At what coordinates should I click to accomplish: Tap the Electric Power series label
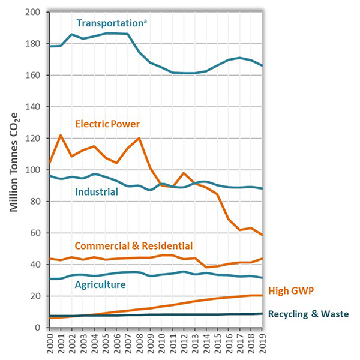[x=107, y=124]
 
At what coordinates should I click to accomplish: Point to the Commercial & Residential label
[x=134, y=245]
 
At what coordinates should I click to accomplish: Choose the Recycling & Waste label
[x=308, y=314]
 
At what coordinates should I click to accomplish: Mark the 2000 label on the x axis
[x=50, y=344]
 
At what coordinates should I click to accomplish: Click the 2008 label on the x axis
[x=139, y=344]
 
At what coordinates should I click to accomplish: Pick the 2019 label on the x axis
[x=263, y=344]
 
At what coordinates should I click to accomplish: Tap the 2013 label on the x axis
[x=196, y=344]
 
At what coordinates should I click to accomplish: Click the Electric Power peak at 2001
[x=61, y=136]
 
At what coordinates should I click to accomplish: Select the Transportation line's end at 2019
[x=263, y=65]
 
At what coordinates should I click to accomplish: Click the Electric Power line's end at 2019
[x=263, y=235]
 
